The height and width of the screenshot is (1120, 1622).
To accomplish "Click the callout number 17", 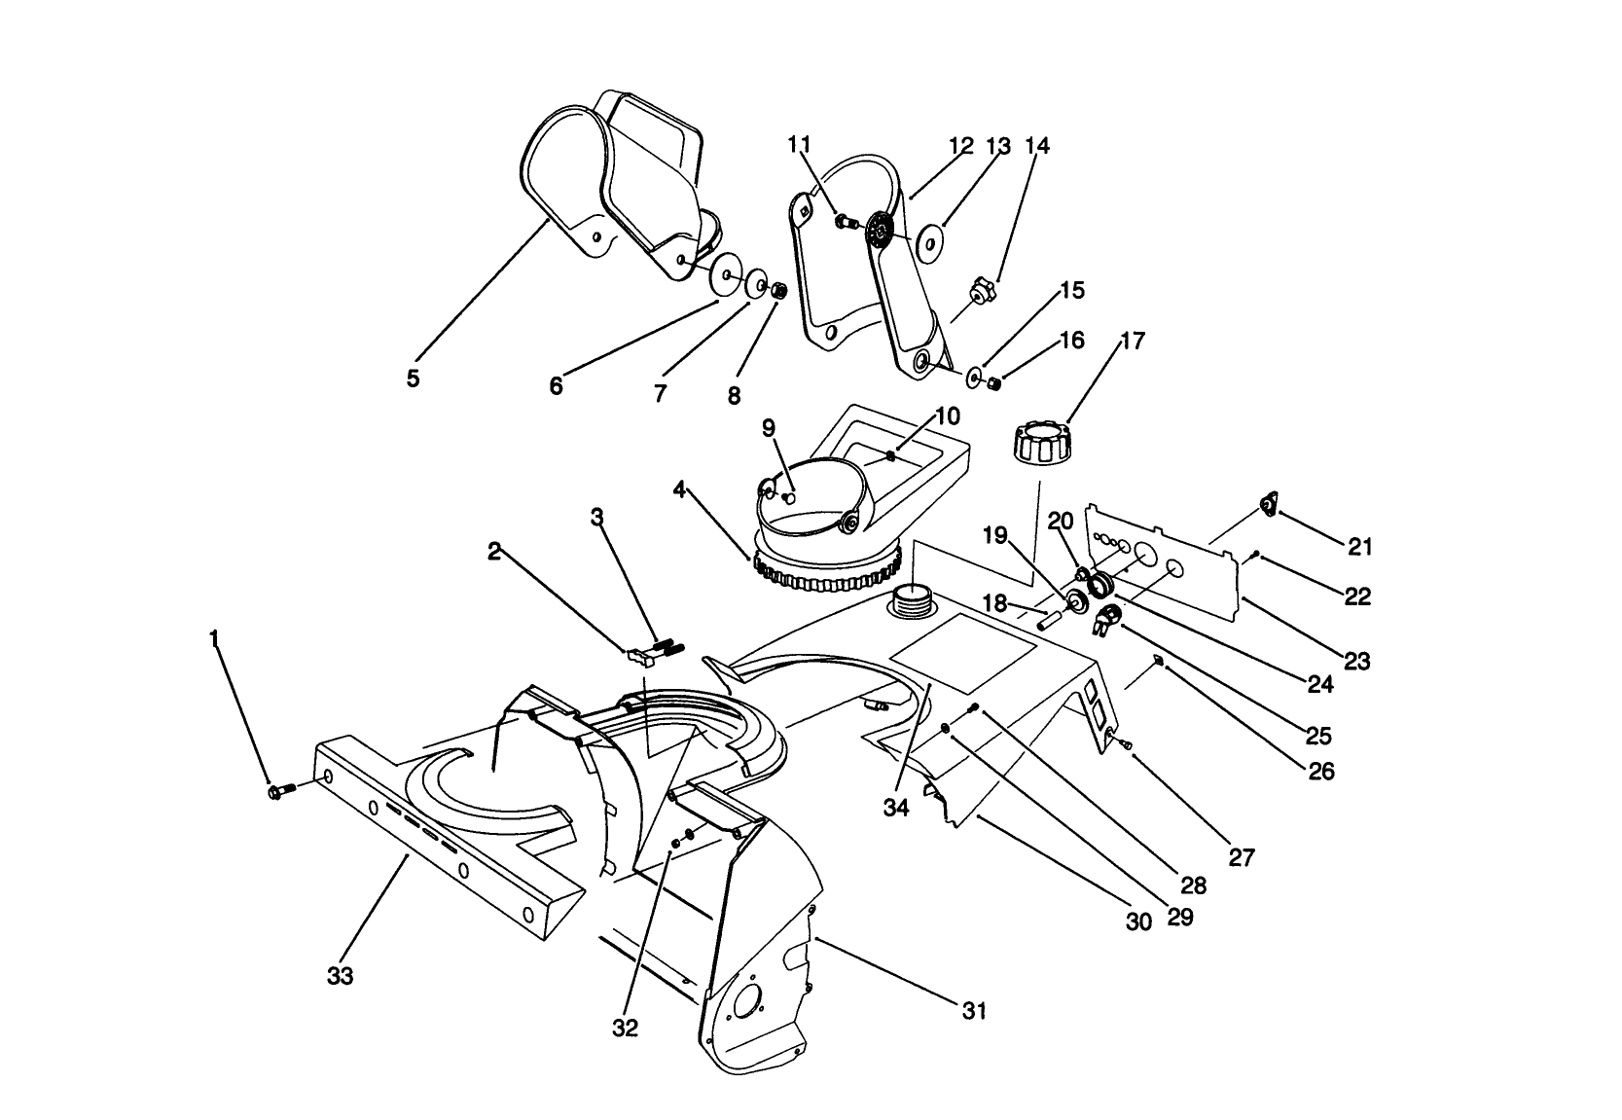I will pyautogui.click(x=1133, y=342).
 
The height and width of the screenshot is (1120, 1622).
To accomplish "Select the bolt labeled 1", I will pyautogui.click(x=275, y=792).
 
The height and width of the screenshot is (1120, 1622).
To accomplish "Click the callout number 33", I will pyautogui.click(x=340, y=976).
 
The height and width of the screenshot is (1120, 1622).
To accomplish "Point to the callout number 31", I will pyautogui.click(x=974, y=1012).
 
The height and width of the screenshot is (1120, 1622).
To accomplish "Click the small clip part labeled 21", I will pyautogui.click(x=1269, y=503).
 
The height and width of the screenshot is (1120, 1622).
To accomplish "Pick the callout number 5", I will pyautogui.click(x=414, y=379).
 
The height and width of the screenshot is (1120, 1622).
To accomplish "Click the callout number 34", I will pyautogui.click(x=896, y=808).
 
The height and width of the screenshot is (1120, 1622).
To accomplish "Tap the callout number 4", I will pyautogui.click(x=679, y=488).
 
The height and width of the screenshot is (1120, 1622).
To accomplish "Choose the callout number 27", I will pyautogui.click(x=1242, y=857).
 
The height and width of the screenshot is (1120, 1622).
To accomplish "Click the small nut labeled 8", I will pyautogui.click(x=778, y=290).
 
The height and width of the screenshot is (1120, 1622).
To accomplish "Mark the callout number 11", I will pyautogui.click(x=799, y=145).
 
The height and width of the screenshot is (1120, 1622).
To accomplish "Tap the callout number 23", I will pyautogui.click(x=1355, y=662).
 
